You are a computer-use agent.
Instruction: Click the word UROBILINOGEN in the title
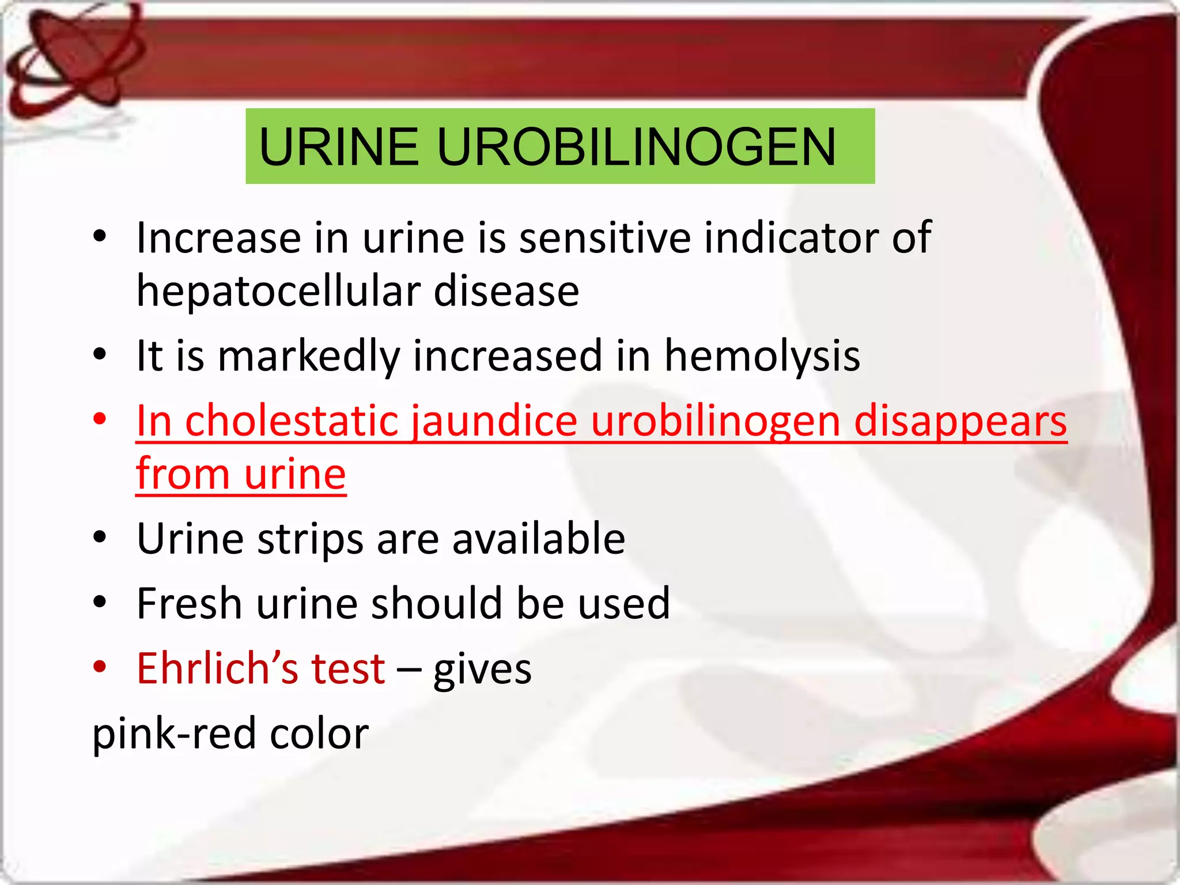[636, 147]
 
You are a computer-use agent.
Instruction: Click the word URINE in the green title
[339, 147]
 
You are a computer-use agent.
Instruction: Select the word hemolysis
[762, 355]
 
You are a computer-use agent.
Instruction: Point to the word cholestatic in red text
[292, 421]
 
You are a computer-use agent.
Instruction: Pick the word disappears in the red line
[960, 422]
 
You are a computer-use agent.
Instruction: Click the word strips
[309, 539]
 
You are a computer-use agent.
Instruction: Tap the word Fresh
[189, 603]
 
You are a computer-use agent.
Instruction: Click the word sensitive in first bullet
[604, 237]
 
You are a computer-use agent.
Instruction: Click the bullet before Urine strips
[100, 538]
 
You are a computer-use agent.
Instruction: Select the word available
[538, 539]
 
